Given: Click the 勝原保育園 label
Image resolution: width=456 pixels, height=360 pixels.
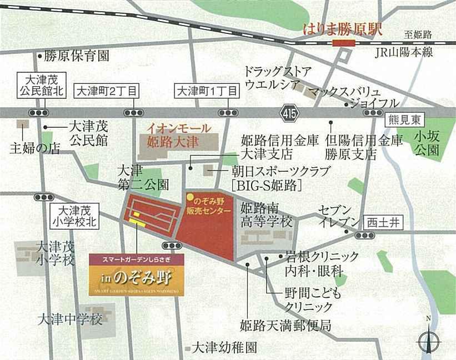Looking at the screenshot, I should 77,56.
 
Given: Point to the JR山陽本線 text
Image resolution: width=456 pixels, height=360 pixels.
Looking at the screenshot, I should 403,52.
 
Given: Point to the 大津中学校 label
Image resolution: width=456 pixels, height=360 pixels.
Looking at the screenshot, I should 71,320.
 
